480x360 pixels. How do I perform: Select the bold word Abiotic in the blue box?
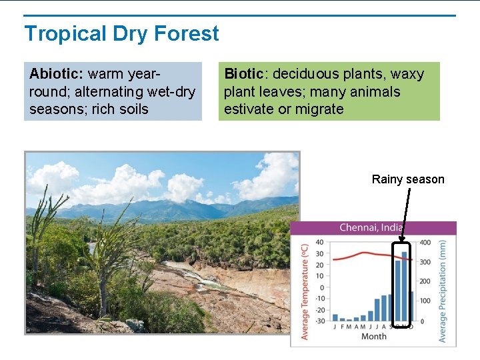point(56,73)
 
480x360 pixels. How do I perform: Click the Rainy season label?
point(407,179)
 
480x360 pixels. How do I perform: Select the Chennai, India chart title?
point(372,228)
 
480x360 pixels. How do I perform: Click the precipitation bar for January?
point(335,318)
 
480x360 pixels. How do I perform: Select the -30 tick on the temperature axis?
point(319,321)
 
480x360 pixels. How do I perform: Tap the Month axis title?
point(373,337)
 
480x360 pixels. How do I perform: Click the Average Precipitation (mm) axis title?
point(443,291)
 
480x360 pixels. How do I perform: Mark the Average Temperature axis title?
point(305,291)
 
